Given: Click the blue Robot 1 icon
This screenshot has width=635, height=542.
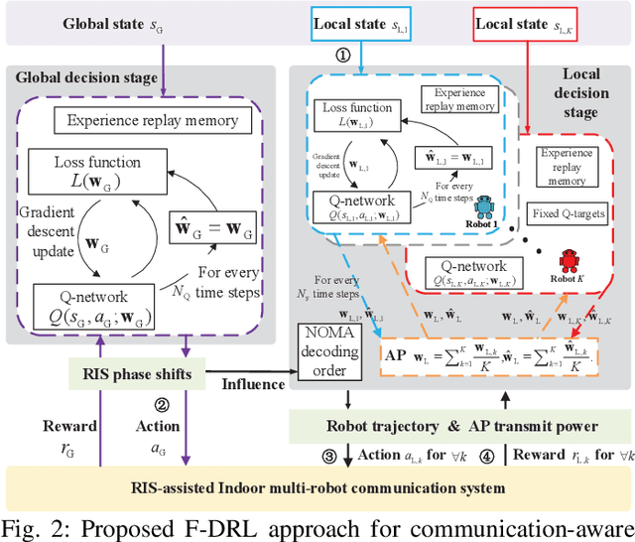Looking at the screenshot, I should [x=484, y=206].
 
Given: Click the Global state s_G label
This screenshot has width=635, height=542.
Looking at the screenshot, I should [x=110, y=22].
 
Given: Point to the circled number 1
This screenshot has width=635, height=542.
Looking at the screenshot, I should [x=342, y=56].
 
